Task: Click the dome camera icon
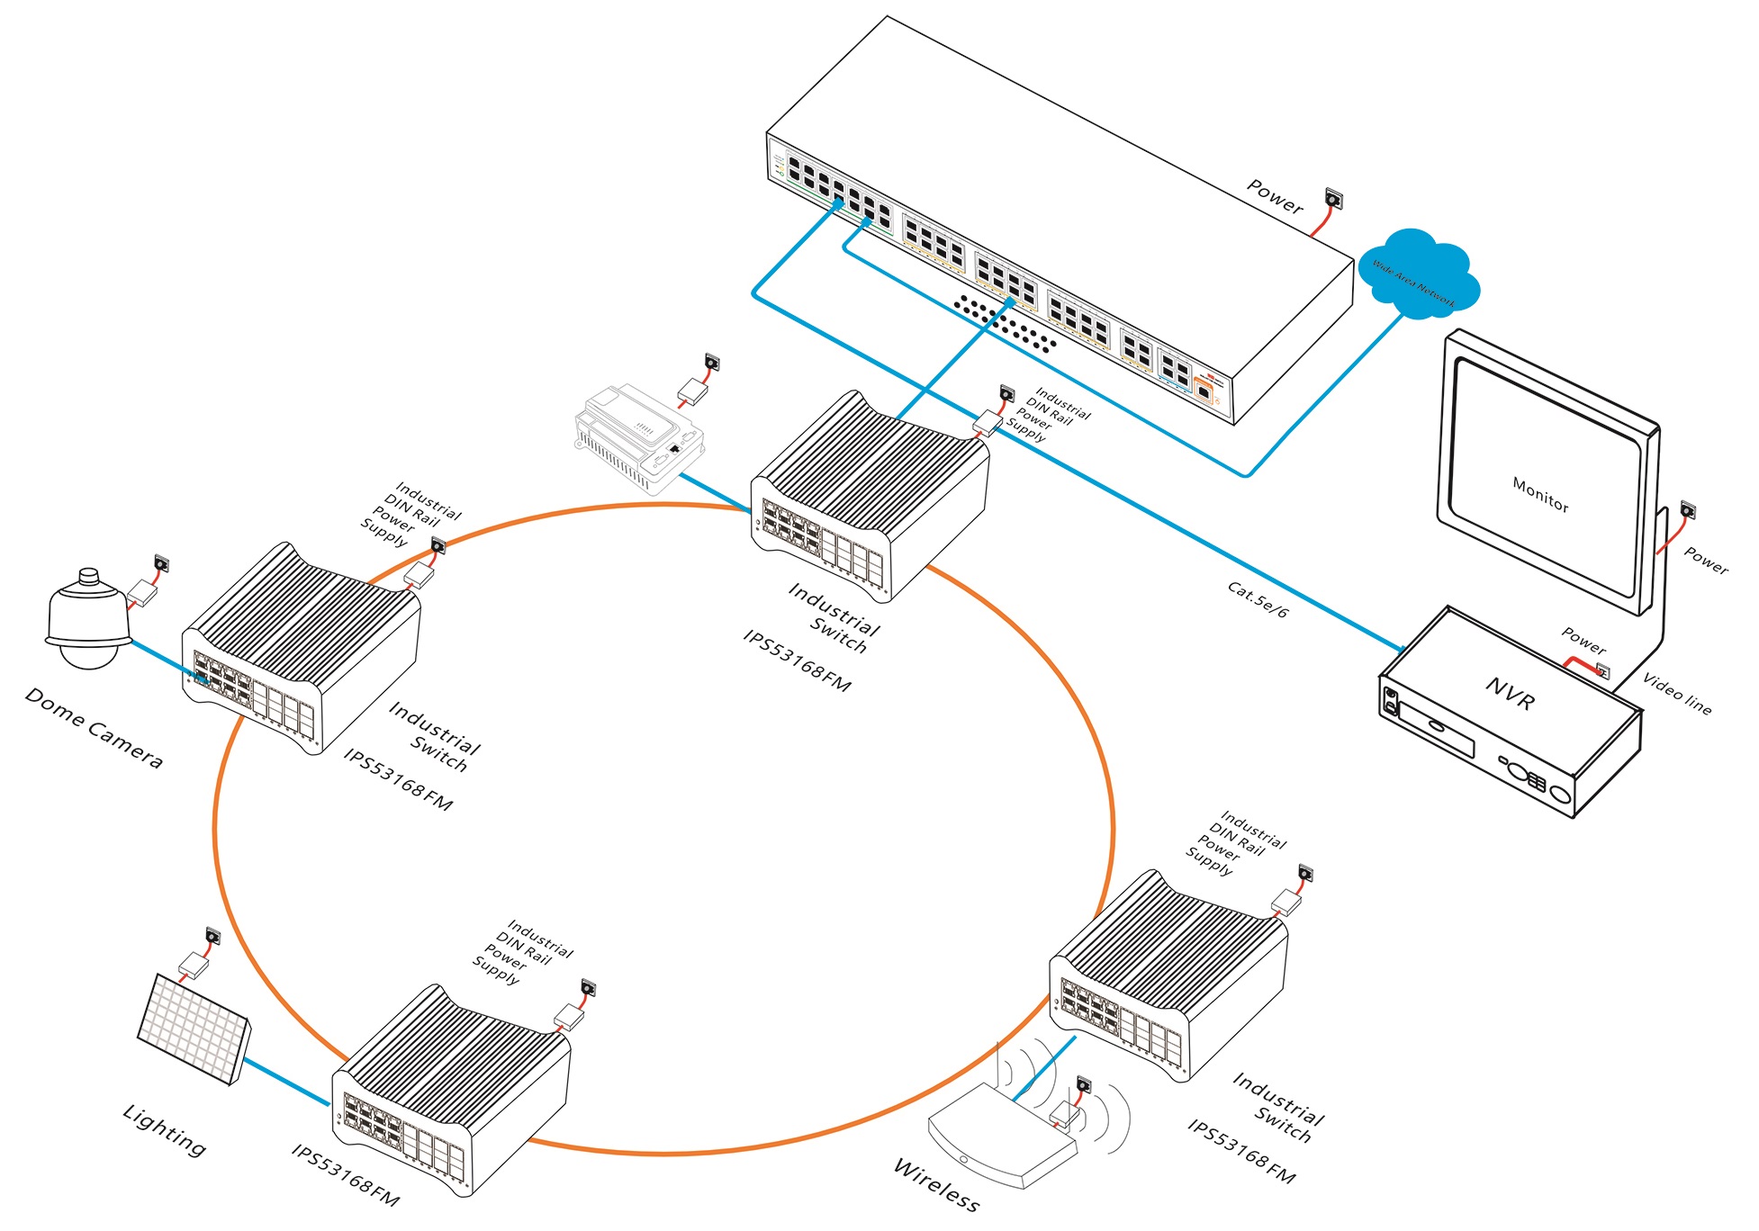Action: point(87,621)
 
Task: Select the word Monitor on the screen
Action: point(1540,495)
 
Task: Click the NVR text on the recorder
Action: point(1510,694)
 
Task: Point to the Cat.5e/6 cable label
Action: point(1258,599)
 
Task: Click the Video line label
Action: point(1677,693)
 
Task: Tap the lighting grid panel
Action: point(194,1029)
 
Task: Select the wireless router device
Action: point(999,1138)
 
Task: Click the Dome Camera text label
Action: point(94,728)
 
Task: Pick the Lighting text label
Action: point(165,1129)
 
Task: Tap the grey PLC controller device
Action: point(639,436)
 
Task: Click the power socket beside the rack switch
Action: point(1333,199)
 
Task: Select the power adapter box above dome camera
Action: point(143,592)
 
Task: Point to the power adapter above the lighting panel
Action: point(194,966)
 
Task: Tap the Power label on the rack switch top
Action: point(1275,196)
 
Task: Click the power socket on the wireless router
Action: point(1083,1085)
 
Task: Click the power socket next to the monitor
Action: point(1687,511)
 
